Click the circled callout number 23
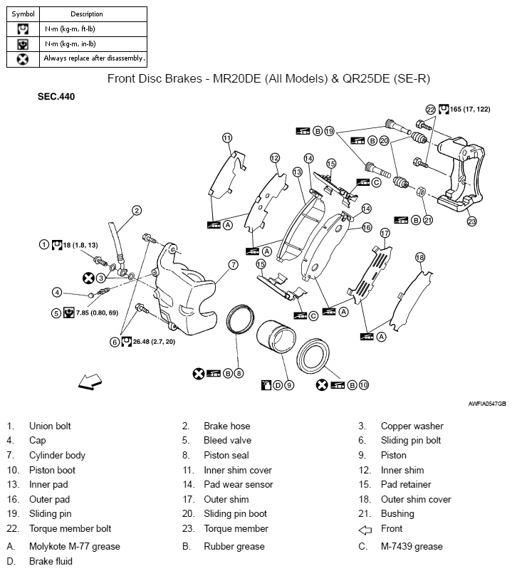(x=471, y=221)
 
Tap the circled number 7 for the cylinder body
(x=233, y=264)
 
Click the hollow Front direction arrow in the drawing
(x=90, y=382)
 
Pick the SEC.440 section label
(x=56, y=96)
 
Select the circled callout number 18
(x=420, y=257)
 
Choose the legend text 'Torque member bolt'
(x=70, y=529)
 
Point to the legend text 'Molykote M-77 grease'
(x=74, y=547)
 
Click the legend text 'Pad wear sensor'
(x=238, y=485)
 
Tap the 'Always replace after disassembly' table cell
(x=94, y=58)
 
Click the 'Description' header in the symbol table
(x=87, y=14)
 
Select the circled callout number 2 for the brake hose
(x=137, y=210)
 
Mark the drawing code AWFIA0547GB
(x=486, y=404)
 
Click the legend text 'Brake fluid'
(x=51, y=561)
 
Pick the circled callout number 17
(x=385, y=233)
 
